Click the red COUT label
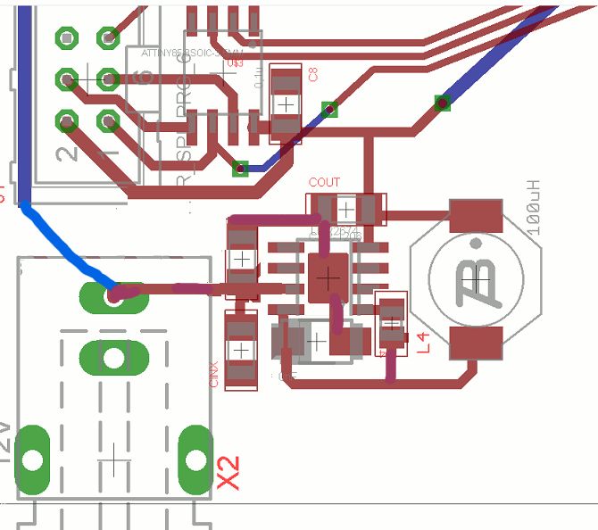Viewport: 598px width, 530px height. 324,183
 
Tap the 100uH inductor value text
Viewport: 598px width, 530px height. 534,207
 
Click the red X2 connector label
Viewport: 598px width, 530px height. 229,472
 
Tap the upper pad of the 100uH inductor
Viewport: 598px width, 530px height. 476,214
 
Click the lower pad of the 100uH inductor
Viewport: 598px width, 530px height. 476,343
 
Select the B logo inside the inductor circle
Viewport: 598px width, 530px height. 479,278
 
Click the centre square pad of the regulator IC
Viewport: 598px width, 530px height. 329,277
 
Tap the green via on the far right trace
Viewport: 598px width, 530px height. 442,103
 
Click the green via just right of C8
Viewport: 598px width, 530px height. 330,109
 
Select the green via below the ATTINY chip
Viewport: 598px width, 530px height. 240,168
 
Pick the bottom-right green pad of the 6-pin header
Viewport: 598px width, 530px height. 108,119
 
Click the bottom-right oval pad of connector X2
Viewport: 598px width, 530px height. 195,459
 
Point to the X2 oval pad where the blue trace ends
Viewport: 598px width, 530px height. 113,295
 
